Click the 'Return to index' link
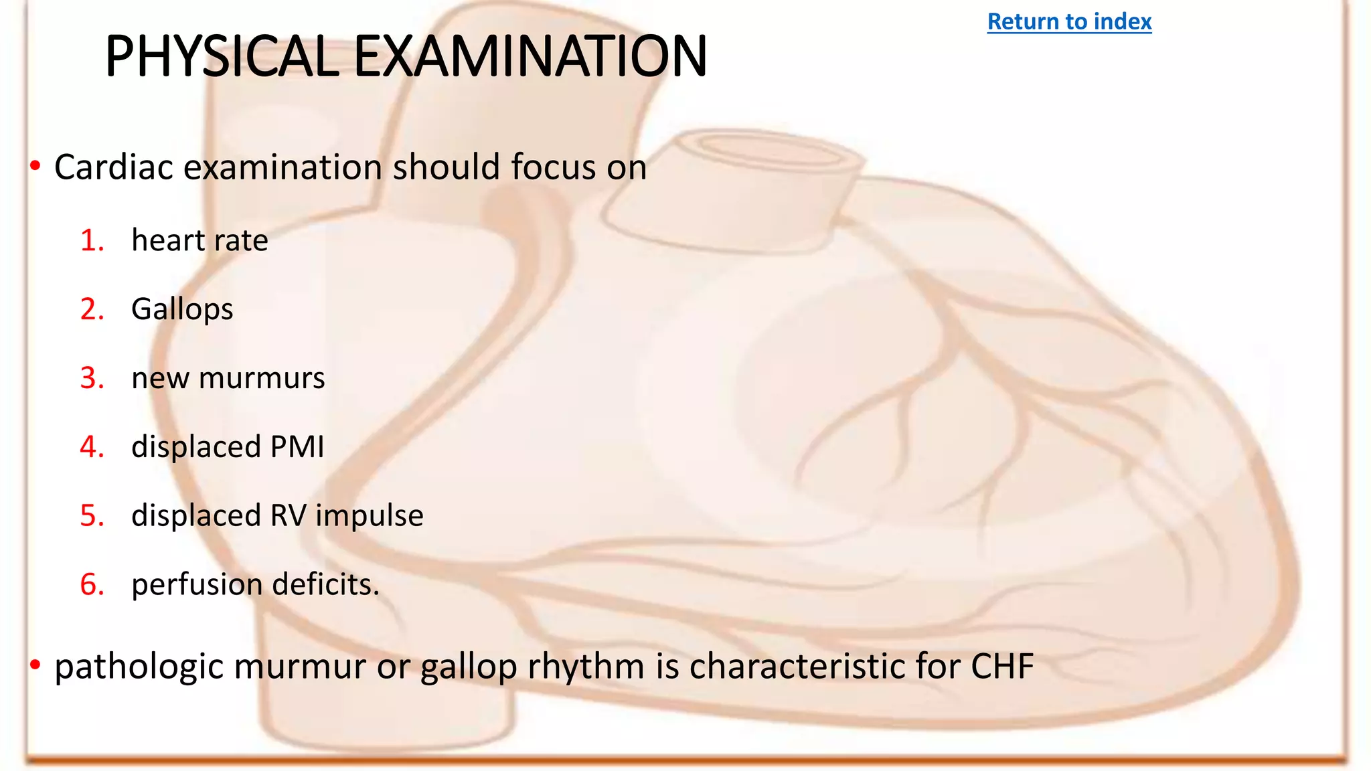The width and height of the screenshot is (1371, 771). [1069, 21]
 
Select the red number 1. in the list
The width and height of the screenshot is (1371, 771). [92, 240]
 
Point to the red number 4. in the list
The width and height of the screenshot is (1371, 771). [92, 446]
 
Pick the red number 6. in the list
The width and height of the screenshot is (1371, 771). [92, 584]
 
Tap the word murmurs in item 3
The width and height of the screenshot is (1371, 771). [262, 378]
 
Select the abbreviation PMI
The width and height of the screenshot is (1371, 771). [297, 446]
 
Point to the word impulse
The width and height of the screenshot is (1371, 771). [370, 516]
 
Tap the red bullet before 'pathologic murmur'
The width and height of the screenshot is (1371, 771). [35, 665]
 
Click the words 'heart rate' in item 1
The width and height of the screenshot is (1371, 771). [199, 240]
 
